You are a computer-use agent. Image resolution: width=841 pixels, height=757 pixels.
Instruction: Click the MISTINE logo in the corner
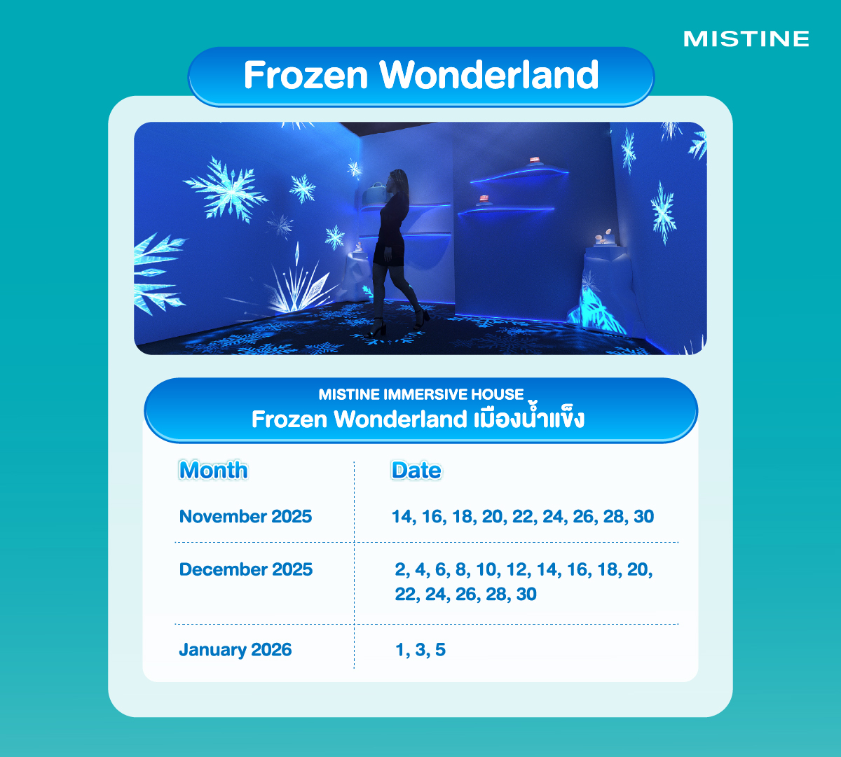tap(746, 39)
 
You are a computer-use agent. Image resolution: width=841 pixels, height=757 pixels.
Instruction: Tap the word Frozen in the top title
tap(306, 75)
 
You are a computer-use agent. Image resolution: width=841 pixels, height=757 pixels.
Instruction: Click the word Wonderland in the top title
tap(489, 75)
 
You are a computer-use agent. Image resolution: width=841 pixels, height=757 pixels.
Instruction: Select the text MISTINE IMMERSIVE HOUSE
tap(421, 394)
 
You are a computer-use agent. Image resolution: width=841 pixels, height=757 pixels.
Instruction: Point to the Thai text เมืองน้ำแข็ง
tap(528, 417)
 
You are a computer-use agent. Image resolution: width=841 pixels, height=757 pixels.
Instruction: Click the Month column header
tap(213, 470)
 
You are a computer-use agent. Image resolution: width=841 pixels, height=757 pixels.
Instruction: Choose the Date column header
tap(416, 470)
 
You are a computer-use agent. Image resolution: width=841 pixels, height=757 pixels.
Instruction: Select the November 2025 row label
tap(245, 517)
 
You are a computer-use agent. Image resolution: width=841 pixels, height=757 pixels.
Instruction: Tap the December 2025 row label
tap(246, 569)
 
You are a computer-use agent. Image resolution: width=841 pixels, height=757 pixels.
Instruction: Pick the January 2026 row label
tap(235, 650)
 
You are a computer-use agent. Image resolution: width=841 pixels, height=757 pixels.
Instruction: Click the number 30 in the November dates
tap(643, 517)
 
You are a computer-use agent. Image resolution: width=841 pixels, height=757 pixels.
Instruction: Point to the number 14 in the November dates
tap(402, 517)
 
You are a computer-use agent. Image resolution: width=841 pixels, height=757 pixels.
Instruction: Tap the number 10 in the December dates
tap(486, 569)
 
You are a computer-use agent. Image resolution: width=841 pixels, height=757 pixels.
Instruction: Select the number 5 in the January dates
tap(440, 650)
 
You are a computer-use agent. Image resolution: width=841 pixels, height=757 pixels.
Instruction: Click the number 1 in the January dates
tap(400, 650)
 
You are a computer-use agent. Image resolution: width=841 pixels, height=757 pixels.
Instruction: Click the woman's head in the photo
tap(398, 180)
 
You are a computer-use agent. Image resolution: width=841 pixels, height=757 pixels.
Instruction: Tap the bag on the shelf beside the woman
tap(376, 193)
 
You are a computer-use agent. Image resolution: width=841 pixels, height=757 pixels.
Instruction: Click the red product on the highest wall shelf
tap(534, 160)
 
